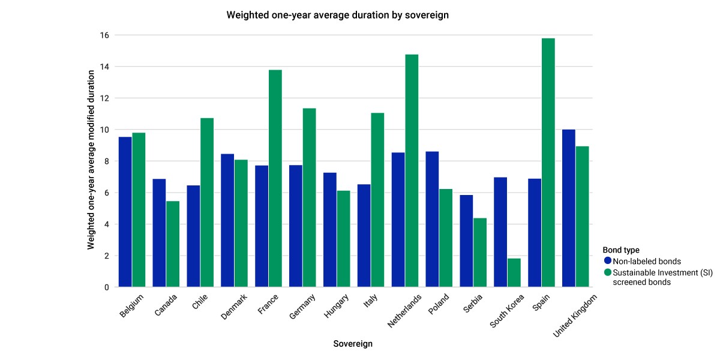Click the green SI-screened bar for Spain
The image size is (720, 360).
(548, 163)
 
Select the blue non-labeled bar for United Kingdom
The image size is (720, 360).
(569, 208)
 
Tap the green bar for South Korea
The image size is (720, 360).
(514, 272)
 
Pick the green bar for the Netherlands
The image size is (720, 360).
(412, 170)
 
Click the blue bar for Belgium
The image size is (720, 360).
(125, 212)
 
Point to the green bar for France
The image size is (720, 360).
(275, 178)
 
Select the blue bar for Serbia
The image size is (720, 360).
(466, 241)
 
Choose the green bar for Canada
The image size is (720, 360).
(173, 244)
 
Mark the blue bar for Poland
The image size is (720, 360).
(432, 219)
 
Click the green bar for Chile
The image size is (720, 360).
(207, 203)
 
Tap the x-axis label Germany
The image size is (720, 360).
(302, 307)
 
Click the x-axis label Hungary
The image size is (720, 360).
(336, 306)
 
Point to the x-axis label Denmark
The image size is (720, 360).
(234, 307)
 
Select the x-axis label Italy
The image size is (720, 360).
(370, 301)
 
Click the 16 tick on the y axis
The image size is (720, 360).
(104, 35)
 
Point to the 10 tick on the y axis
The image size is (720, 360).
(104, 130)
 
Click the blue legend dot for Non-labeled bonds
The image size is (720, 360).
(607, 260)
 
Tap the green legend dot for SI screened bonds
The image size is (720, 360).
(607, 272)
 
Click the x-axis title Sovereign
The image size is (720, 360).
(353, 344)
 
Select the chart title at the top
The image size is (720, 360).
(337, 15)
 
